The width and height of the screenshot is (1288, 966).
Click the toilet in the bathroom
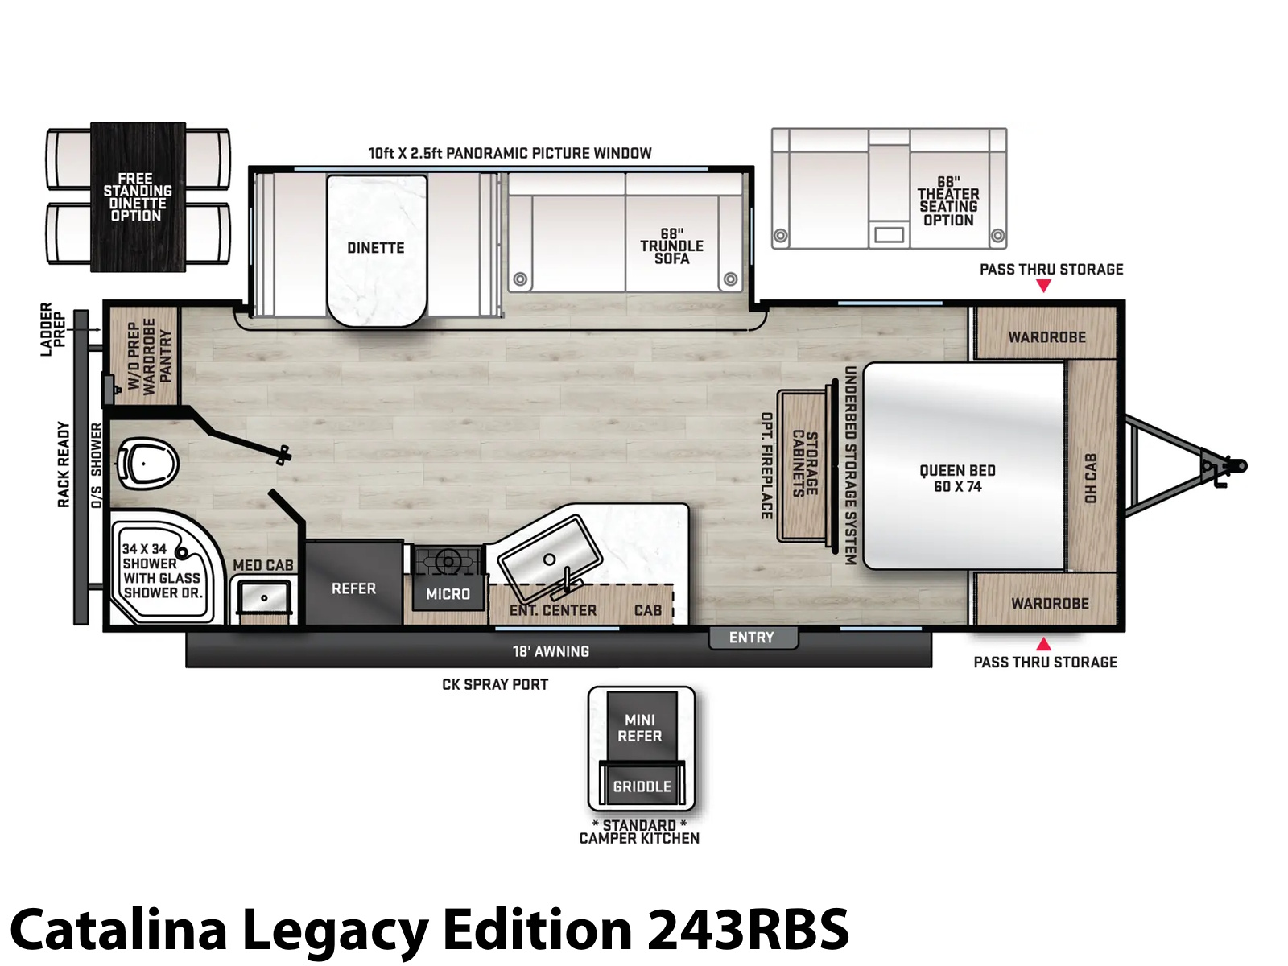147,466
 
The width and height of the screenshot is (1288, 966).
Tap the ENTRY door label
751,638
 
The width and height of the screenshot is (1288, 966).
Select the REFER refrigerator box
353,583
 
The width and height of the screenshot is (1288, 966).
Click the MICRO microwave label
448,594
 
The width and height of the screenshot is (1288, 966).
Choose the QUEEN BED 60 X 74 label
957,479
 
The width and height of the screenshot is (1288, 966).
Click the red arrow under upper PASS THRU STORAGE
1042,286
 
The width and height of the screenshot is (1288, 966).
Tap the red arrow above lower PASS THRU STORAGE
1042,644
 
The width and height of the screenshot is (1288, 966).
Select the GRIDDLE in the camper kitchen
642,785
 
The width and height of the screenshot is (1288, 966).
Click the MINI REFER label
639,727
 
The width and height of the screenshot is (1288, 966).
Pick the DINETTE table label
376,248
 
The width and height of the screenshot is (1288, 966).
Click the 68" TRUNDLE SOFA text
671,246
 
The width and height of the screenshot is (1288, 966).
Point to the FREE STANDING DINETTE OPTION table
138,197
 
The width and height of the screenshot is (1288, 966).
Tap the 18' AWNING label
551,651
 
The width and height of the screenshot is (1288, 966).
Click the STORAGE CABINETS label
805,464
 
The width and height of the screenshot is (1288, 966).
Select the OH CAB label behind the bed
1090,478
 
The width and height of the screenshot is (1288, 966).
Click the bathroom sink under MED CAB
264,598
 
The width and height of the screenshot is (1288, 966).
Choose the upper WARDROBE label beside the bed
1046,337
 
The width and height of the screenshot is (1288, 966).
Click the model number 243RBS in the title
748,928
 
